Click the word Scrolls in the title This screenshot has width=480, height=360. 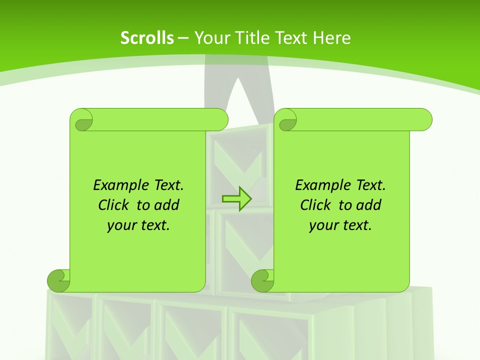pyautogui.click(x=147, y=38)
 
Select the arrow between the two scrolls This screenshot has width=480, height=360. pyautogui.click(x=236, y=198)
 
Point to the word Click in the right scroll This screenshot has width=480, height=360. pyautogui.click(x=315, y=205)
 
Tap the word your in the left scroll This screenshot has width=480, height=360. pyautogui.click(x=118, y=225)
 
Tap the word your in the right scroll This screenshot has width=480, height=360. pyautogui.click(x=321, y=225)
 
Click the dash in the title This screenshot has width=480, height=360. pyautogui.click(x=183, y=38)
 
